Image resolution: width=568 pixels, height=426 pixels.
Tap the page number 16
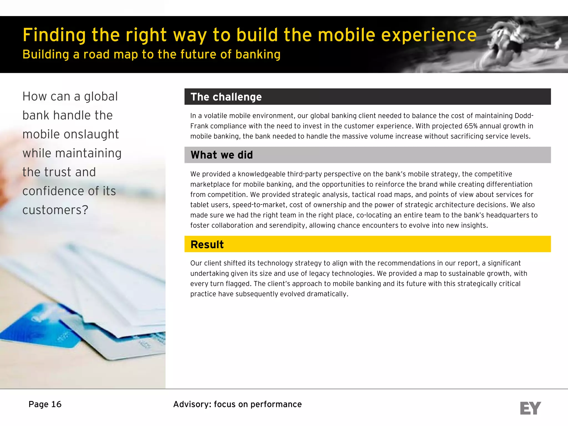56,404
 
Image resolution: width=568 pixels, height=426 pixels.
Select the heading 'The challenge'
226,97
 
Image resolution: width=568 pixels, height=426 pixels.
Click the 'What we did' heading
222,155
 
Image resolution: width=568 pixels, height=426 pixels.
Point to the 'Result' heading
207,245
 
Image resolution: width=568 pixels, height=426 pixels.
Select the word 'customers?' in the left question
55,210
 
